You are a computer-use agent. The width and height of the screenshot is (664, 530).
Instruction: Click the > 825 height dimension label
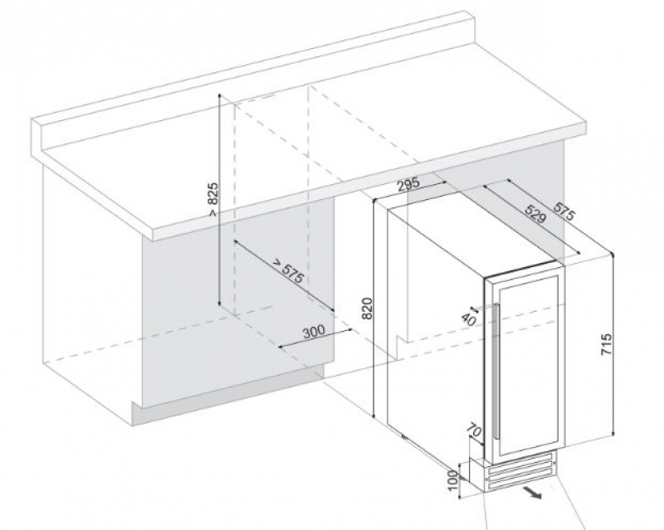click(x=213, y=199)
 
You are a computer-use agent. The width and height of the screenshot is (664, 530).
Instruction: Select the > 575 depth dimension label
click(x=288, y=270)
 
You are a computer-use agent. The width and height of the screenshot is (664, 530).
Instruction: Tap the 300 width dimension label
click(x=314, y=331)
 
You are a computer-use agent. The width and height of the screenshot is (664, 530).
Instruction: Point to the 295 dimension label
click(x=408, y=184)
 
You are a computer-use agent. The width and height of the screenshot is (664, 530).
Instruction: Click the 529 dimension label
click(x=535, y=214)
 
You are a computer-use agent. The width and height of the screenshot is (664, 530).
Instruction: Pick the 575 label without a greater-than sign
click(x=564, y=212)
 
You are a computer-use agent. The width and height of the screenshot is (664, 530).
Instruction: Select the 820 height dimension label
click(x=367, y=309)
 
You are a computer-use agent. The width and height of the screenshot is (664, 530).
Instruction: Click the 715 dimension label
click(x=607, y=344)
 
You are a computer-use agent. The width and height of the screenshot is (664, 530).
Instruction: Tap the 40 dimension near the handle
click(x=468, y=318)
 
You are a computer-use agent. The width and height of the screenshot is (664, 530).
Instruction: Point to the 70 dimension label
click(x=474, y=431)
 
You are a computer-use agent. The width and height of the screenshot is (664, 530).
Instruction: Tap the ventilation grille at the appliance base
click(x=520, y=471)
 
